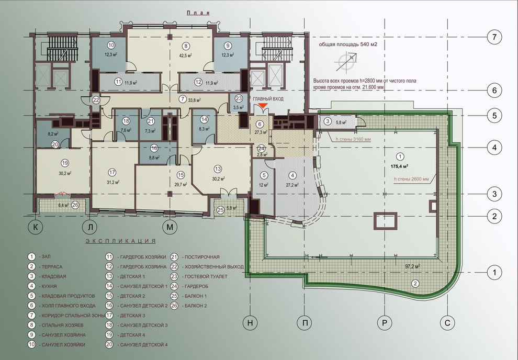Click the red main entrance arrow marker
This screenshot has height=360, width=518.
(263, 105)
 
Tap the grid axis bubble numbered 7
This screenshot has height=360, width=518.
(494, 37)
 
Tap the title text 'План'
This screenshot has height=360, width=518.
(198, 13)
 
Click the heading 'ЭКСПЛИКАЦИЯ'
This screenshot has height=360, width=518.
(120, 241)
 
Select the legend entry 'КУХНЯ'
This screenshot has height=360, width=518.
(49, 286)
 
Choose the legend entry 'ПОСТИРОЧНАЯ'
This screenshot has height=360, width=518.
(202, 257)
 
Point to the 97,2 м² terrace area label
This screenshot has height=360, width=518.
(413, 266)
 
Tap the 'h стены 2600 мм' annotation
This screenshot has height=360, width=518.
(411, 179)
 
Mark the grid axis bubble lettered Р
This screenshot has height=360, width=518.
(385, 322)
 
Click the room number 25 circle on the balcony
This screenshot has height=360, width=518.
(221, 209)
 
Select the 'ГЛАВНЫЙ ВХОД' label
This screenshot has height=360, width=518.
(268, 99)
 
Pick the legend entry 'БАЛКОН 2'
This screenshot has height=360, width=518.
(196, 306)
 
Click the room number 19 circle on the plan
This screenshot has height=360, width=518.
(65, 163)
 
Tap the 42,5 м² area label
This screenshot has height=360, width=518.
(186, 55)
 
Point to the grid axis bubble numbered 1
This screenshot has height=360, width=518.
(494, 273)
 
